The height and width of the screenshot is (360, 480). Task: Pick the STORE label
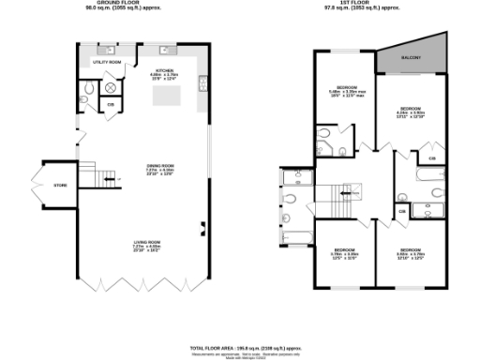(x=60, y=186)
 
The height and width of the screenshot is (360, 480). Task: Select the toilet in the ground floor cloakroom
(x=86, y=89)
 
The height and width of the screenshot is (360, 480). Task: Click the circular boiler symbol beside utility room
(x=112, y=87)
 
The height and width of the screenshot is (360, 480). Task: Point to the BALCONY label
(x=411, y=59)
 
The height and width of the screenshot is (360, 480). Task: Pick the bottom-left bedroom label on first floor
(x=342, y=252)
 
